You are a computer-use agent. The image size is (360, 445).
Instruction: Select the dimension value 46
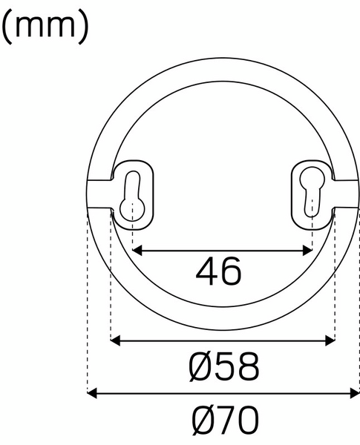[x=219, y=272]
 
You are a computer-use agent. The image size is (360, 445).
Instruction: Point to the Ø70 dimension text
[x=224, y=421]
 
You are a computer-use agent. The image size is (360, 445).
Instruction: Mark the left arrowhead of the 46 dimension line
[x=137, y=251]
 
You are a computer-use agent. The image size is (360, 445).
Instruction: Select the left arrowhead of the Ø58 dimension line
[x=115, y=341]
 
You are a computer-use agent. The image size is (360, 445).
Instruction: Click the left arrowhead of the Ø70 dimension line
[x=92, y=393]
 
